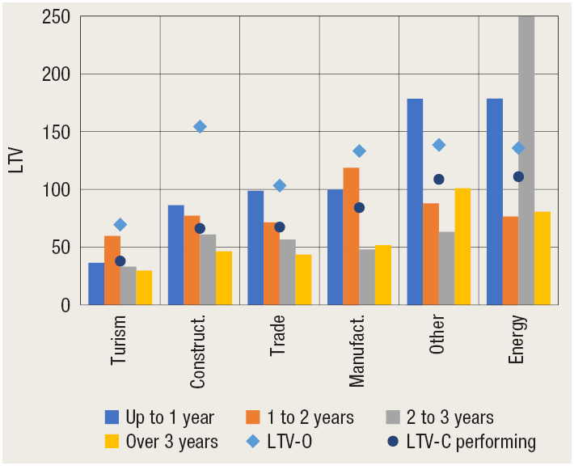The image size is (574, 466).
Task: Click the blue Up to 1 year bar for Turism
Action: (x=96, y=284)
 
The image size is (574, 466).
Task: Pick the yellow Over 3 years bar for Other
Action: (x=462, y=247)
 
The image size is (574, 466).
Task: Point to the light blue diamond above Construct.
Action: (x=200, y=126)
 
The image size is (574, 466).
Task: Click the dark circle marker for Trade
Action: (x=280, y=227)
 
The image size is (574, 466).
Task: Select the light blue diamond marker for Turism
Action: (x=120, y=224)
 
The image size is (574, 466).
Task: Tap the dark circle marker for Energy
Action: (x=518, y=176)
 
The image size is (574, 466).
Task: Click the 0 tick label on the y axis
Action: (x=64, y=305)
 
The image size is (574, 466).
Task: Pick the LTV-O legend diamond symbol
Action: (x=255, y=441)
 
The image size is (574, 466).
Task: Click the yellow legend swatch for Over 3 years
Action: (x=112, y=441)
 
